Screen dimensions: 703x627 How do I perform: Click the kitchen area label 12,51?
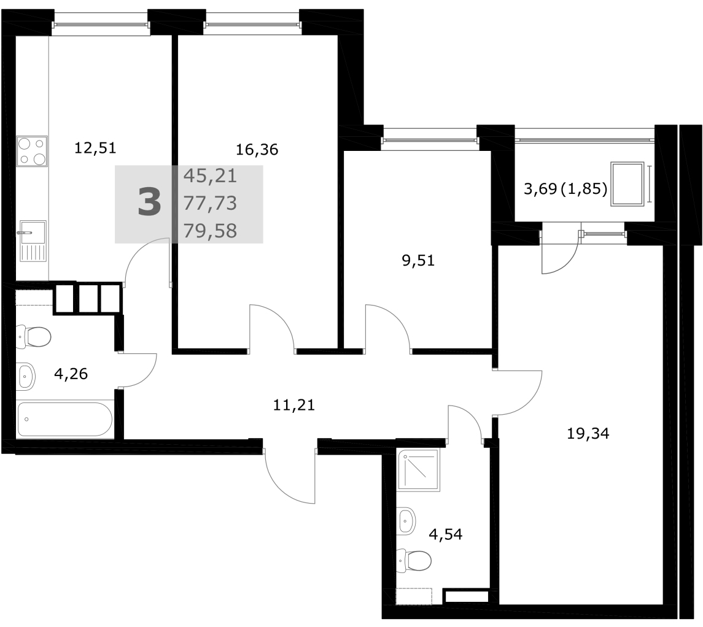[95, 147]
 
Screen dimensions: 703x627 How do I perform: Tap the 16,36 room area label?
[257, 149]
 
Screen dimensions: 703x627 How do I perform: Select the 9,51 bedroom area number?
[418, 260]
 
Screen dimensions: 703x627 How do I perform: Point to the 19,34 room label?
[588, 434]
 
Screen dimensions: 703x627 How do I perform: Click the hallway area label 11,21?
[294, 405]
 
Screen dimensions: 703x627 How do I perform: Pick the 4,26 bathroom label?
[71, 373]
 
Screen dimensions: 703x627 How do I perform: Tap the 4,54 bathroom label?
[446, 534]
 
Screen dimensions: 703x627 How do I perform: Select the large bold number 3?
[149, 202]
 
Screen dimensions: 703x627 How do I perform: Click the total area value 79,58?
[210, 231]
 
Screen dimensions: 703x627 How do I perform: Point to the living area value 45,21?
[210, 176]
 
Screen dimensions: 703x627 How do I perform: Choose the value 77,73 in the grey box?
[210, 203]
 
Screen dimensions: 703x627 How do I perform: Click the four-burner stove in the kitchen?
[32, 152]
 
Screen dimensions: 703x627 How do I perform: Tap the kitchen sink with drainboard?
[33, 241]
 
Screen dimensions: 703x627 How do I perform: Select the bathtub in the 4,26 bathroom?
[64, 419]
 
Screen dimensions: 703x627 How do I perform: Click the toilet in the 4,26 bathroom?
[34, 337]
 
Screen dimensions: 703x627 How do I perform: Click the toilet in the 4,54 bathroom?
[414, 560]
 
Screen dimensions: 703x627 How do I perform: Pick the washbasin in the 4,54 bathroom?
[406, 521]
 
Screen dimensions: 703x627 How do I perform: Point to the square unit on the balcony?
[627, 184]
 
